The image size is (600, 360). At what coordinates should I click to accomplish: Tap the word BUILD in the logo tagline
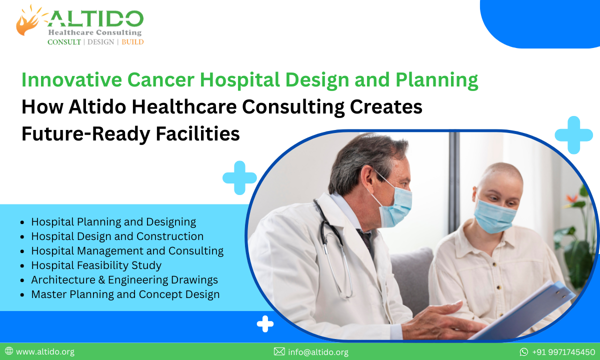click(x=132, y=42)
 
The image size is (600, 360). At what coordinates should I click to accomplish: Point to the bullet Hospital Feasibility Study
click(x=96, y=265)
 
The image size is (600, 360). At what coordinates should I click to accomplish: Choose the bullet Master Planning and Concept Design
click(x=125, y=294)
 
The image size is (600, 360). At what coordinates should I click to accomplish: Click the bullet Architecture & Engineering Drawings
click(x=124, y=279)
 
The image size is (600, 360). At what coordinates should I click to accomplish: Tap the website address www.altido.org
click(x=45, y=352)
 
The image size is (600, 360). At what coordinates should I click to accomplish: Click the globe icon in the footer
click(x=8, y=352)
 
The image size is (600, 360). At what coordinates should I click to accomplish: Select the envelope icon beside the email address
click(x=279, y=352)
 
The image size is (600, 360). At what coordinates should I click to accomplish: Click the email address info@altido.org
click(x=317, y=352)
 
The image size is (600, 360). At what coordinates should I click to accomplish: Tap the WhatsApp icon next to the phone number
click(x=524, y=352)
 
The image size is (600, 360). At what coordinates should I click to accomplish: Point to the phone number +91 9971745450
click(x=563, y=352)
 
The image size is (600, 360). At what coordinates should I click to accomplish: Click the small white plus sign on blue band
click(x=265, y=324)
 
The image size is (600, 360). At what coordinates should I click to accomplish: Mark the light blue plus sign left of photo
click(x=239, y=177)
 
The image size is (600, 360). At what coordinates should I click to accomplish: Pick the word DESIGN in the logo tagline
click(x=101, y=42)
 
